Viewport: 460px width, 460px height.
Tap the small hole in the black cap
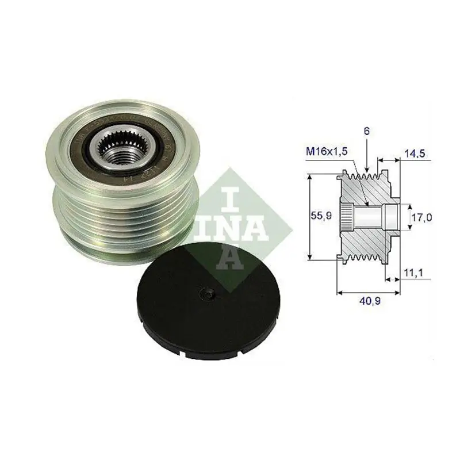(x=208, y=295)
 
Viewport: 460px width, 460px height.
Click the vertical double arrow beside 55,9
(x=310, y=218)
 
